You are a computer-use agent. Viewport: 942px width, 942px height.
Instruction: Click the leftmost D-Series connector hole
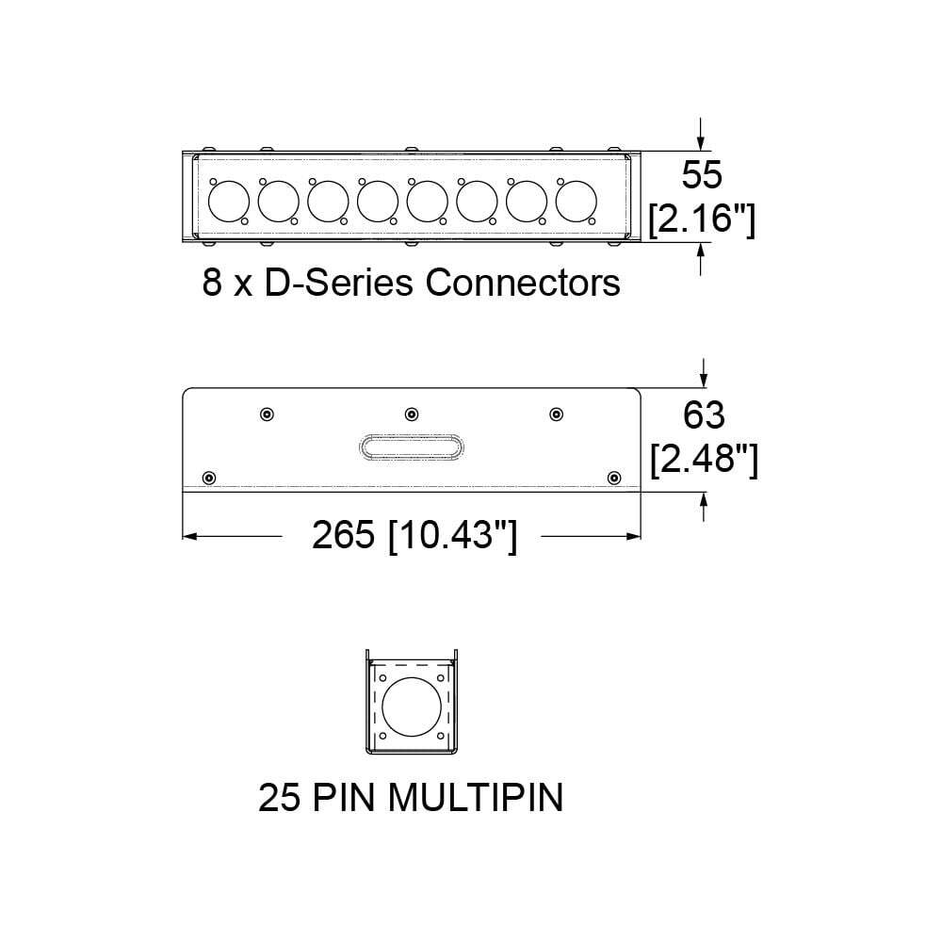coord(228,201)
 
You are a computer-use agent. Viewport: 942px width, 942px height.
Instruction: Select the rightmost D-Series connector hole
coord(577,201)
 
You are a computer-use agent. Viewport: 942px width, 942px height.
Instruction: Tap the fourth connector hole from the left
coord(378,201)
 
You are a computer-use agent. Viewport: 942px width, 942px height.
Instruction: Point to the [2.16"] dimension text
coord(702,219)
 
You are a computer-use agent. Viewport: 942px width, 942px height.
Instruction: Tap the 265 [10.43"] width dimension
coord(414,536)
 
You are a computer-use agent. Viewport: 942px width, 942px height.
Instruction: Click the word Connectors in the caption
coord(523,282)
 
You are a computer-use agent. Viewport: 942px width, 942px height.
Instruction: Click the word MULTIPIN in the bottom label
coord(476,798)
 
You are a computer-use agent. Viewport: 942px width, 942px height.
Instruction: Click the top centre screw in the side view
coord(412,414)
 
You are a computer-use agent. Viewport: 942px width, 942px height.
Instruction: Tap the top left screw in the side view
coord(267,414)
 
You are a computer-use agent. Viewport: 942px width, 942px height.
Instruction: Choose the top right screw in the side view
coord(557,414)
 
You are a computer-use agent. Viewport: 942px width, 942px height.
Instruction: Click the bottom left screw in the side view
coord(209,478)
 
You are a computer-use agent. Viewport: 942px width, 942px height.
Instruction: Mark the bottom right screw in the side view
coord(615,478)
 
